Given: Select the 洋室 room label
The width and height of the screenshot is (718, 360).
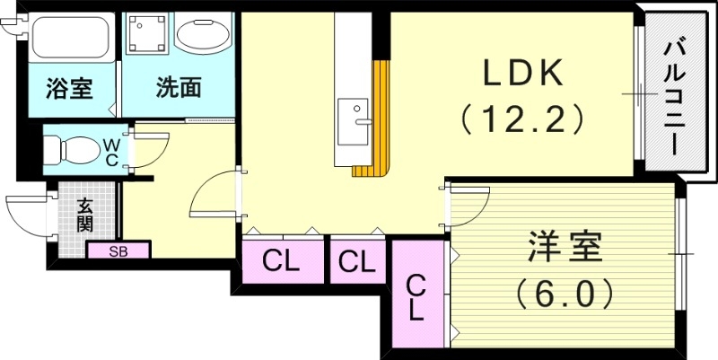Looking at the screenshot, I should [562, 248].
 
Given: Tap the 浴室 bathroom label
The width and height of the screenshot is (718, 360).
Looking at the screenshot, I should [68, 88].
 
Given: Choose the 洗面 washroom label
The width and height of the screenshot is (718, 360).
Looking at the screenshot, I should [178, 88].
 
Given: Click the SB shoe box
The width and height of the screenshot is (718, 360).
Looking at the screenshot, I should [118, 251].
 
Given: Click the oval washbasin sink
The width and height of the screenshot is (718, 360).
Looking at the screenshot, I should [203, 36].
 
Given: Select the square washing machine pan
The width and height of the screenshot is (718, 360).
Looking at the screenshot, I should [146, 35].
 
